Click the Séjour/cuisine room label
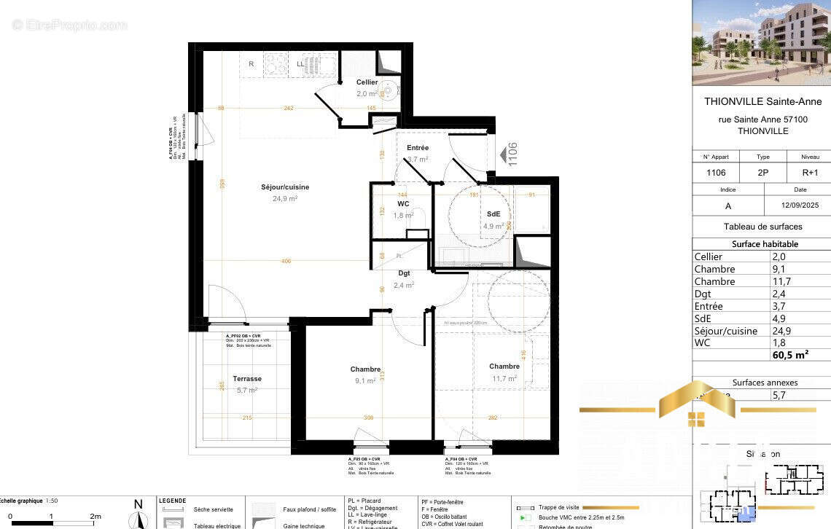[x=285, y=187]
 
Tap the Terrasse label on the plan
[x=247, y=379]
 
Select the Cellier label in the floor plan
[x=367, y=82]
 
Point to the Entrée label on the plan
[x=418, y=148]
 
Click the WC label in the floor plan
[x=403, y=204]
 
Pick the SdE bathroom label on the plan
[x=493, y=214]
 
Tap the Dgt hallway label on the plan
[x=404, y=274]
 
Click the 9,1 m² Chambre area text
[x=365, y=380]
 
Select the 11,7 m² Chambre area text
[x=504, y=378]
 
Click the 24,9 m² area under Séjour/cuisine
[x=285, y=198]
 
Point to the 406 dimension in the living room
[x=285, y=261]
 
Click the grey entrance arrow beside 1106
[x=502, y=155]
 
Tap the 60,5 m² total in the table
[x=790, y=355]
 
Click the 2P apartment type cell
[x=763, y=173]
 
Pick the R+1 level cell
[x=809, y=173]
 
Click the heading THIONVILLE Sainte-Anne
[x=762, y=102]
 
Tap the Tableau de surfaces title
[x=762, y=227]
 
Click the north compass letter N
[x=138, y=503]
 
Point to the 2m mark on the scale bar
[x=95, y=516]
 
